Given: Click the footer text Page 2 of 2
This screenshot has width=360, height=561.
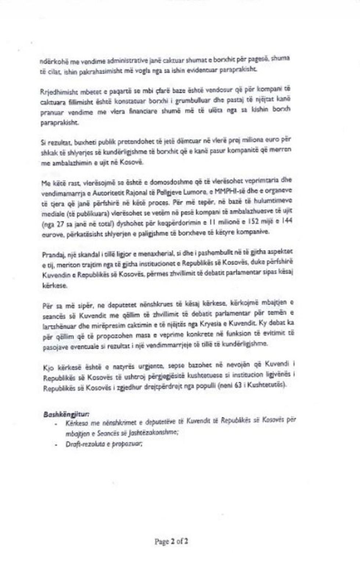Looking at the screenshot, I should (172, 541).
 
